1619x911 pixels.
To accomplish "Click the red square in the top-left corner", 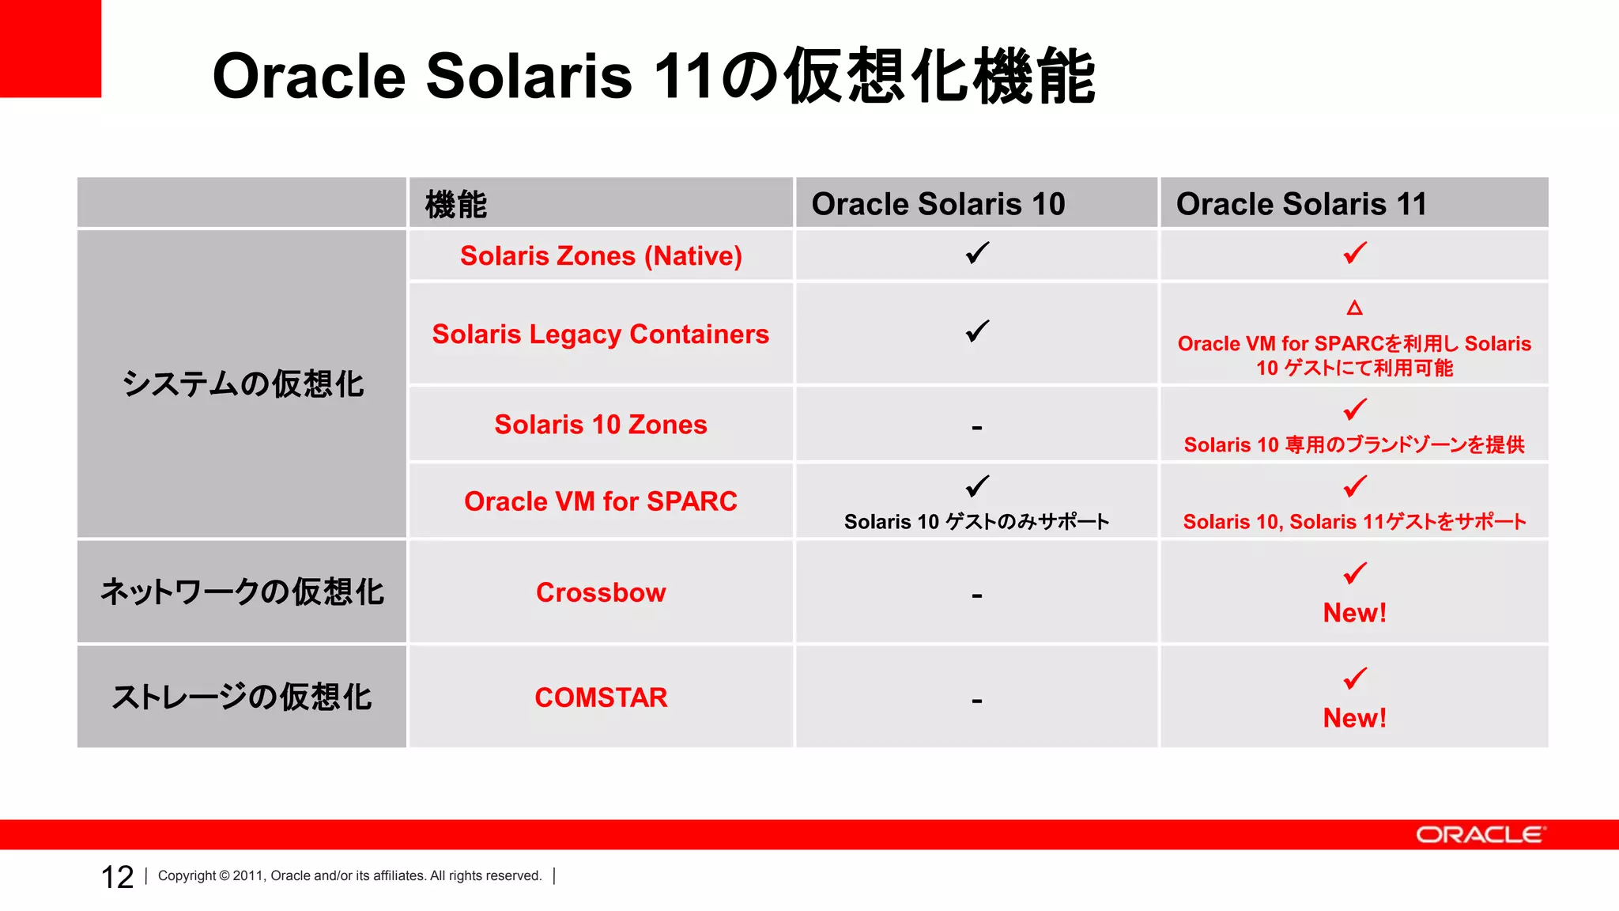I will [x=50, y=47].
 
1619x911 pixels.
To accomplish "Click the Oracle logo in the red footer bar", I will [x=1480, y=835].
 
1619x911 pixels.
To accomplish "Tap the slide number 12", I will [x=117, y=877].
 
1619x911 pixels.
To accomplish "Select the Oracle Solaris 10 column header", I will [x=938, y=204].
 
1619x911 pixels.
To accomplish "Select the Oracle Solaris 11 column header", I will [x=1301, y=204].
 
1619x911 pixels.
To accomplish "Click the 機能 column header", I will [x=456, y=205].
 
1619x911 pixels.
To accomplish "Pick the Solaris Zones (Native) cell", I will [x=601, y=256].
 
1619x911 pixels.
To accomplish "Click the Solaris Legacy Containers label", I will [x=601, y=335].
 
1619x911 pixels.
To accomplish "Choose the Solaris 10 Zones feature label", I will [x=601, y=425].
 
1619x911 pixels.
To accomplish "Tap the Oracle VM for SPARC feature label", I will [x=601, y=501].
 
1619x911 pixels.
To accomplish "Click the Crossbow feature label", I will [x=601, y=592].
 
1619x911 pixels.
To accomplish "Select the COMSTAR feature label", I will [x=601, y=697].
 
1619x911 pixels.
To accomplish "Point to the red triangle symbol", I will [x=1354, y=308].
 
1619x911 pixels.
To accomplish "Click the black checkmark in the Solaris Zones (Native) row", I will [x=977, y=253].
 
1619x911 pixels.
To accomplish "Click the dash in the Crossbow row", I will [x=977, y=595].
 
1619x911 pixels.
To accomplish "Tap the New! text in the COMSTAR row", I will [x=1354, y=718].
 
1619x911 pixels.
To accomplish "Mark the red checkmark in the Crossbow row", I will [x=1355, y=573].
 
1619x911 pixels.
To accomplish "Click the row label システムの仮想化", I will [x=242, y=384].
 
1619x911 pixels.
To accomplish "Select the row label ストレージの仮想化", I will [x=242, y=697].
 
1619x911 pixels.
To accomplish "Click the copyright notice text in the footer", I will [x=349, y=876].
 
